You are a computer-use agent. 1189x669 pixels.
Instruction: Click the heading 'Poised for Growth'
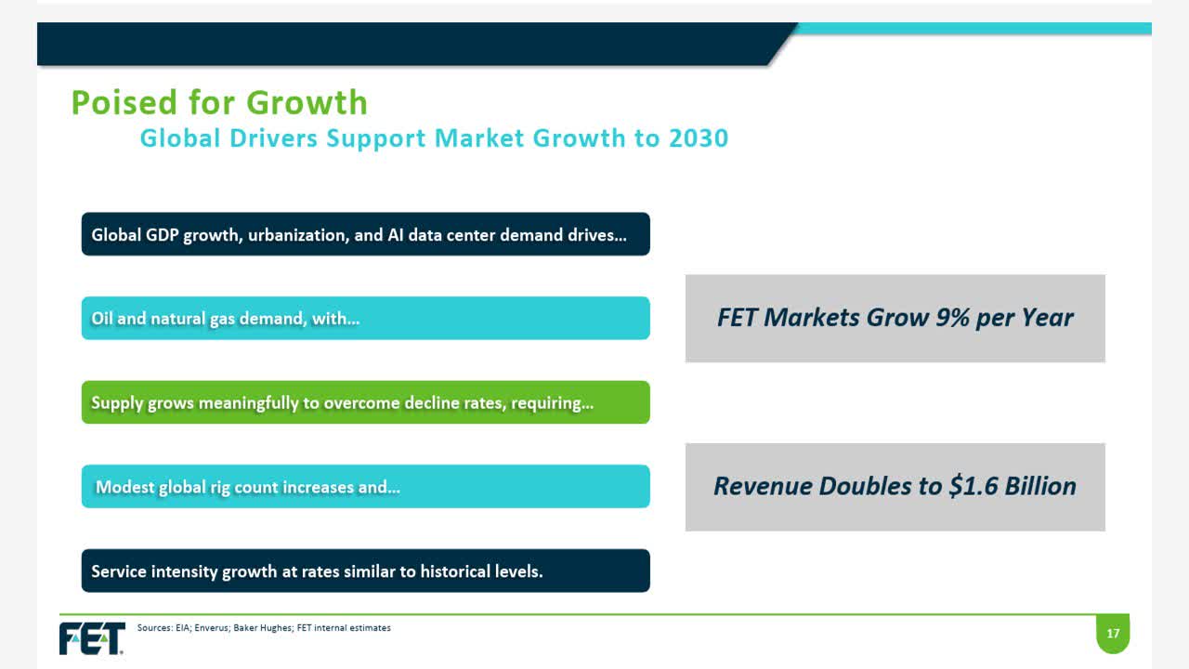219,102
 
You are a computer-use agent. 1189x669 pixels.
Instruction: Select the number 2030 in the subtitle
699,138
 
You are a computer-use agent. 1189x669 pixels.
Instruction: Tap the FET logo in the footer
92,638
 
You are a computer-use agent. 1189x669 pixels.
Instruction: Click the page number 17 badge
1113,634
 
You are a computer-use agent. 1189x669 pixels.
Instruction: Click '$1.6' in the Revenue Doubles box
963,486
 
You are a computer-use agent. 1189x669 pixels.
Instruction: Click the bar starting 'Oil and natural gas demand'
365,319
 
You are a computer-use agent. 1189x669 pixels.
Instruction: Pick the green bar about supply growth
365,403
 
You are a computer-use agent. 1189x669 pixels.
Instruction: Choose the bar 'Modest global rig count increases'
365,487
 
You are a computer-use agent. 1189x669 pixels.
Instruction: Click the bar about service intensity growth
365,571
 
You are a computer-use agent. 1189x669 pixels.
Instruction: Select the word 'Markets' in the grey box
815,318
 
